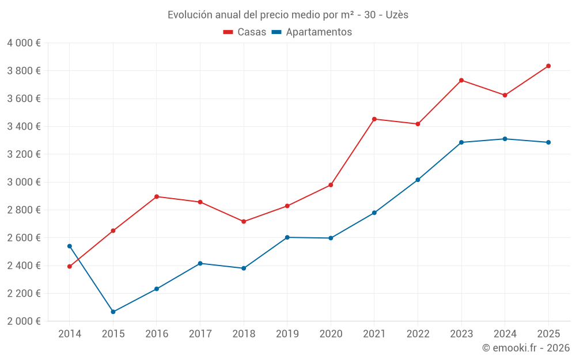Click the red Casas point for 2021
(x=374, y=119)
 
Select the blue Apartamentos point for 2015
(x=113, y=312)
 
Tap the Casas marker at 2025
(x=548, y=66)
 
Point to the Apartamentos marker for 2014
(x=70, y=246)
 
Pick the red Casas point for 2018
(x=244, y=221)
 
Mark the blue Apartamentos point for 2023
(x=461, y=142)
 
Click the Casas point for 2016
(x=157, y=196)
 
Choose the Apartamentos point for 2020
(x=331, y=238)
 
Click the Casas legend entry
(x=245, y=32)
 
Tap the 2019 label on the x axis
(x=287, y=334)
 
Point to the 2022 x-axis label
(x=418, y=334)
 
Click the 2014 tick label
(x=70, y=334)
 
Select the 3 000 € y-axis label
(x=24, y=182)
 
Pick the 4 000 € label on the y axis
(x=24, y=43)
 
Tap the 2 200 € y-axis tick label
(x=24, y=293)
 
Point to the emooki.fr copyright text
(x=525, y=348)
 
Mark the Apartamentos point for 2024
(x=505, y=139)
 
